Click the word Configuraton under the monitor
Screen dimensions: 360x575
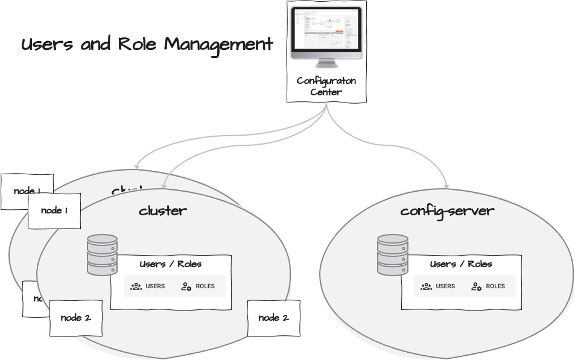point(326,81)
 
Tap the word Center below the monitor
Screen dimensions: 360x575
point(326,92)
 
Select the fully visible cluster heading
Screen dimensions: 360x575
point(163,210)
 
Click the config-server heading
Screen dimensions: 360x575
point(447,210)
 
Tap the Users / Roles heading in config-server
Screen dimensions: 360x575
point(460,264)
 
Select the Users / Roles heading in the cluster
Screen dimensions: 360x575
point(170,264)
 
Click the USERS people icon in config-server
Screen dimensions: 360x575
point(426,286)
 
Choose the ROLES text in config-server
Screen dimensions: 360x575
point(495,286)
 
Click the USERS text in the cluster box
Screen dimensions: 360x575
point(155,286)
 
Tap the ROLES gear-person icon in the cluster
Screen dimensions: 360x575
point(186,286)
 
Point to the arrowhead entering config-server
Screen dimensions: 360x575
point(447,185)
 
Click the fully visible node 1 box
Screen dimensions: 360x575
point(54,210)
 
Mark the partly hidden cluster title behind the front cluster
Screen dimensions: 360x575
point(127,191)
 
